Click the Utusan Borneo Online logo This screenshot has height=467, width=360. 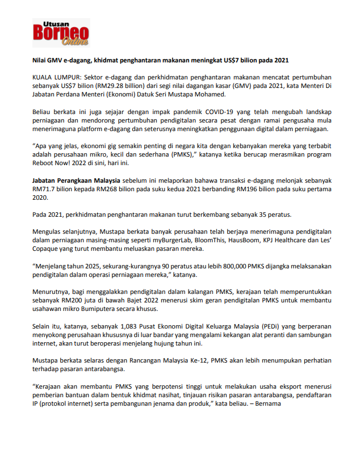tap(61, 33)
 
